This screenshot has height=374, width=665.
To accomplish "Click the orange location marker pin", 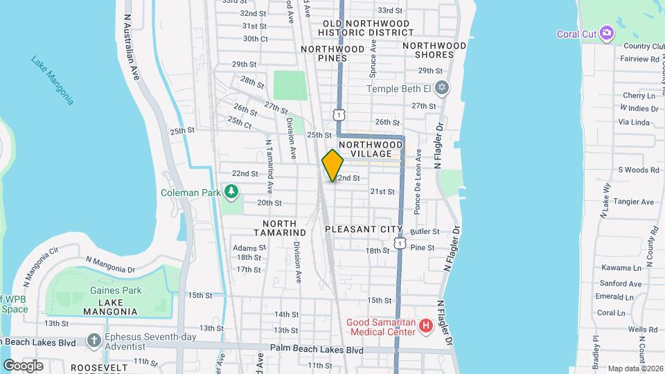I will coord(332,165).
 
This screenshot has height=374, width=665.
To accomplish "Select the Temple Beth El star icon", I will coord(443,89).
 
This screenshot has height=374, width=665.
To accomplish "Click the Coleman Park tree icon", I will coord(231,192).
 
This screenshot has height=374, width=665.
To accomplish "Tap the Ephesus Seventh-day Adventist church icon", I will coord(95,340).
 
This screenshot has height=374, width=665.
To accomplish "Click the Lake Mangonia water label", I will coord(52,80).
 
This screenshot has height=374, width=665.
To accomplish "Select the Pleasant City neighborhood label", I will coord(364,229).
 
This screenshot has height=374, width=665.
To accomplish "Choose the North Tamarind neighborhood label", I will coord(279,229).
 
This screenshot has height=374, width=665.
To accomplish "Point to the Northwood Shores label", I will coord(435,50).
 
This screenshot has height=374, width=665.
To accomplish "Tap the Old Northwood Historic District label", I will coord(366,28).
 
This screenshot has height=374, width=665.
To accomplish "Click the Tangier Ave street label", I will coord(637,202).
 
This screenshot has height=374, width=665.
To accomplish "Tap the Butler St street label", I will coord(425,231).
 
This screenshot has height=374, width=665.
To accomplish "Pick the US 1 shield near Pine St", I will coord(400,243).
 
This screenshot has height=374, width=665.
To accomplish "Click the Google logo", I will coord(23,366).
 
